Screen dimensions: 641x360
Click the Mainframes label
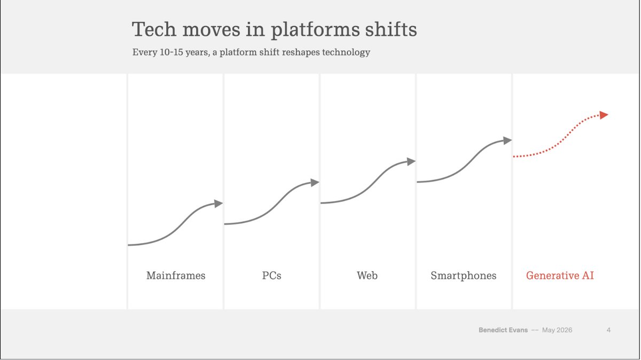click(x=176, y=276)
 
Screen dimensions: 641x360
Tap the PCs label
click(x=271, y=276)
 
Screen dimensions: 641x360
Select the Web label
click(x=367, y=276)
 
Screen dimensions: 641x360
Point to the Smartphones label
click(x=463, y=276)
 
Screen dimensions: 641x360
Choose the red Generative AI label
click(x=560, y=276)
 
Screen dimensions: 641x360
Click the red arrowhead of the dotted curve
click(x=604, y=115)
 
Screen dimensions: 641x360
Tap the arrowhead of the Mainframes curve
click(x=218, y=204)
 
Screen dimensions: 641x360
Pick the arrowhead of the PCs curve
click(x=315, y=183)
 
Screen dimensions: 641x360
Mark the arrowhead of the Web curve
click(x=411, y=161)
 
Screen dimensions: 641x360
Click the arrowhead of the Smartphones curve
click(x=507, y=140)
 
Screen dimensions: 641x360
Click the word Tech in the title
click(x=154, y=29)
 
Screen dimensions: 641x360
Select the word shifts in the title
click(x=391, y=29)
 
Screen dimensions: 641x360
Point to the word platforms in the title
click(x=315, y=30)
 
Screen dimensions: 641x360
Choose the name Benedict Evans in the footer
click(x=503, y=330)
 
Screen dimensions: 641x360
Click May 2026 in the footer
click(x=557, y=330)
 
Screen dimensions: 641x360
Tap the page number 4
click(x=608, y=330)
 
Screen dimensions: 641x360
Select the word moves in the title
click(x=212, y=30)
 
